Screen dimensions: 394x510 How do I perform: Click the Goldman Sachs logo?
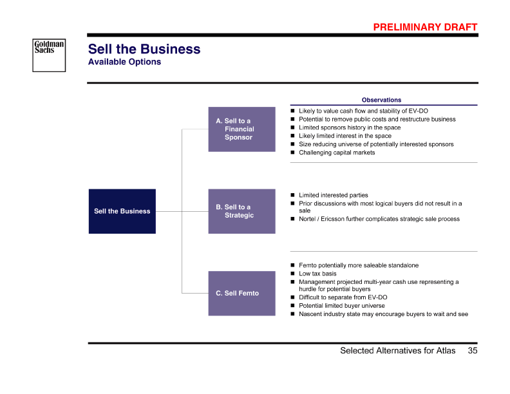click(x=49, y=54)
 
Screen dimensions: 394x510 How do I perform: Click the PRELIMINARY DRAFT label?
click(x=426, y=27)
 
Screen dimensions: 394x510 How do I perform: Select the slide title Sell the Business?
click(x=144, y=50)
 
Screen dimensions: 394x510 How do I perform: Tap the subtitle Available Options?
click(x=124, y=62)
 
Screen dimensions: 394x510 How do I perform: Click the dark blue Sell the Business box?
click(x=122, y=211)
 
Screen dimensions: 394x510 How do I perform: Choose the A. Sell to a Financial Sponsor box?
click(x=241, y=129)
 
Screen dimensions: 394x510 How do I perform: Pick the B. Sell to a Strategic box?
click(x=241, y=211)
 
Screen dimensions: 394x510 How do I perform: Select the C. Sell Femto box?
click(x=241, y=294)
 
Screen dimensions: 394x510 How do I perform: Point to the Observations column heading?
click(x=381, y=100)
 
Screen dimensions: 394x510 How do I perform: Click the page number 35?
click(x=473, y=351)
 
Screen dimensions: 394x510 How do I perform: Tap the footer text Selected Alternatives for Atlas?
click(x=397, y=351)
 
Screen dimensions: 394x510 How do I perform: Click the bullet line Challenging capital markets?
click(x=337, y=153)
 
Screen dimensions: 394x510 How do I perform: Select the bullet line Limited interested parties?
click(x=334, y=195)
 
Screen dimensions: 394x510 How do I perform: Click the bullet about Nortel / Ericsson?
click(x=379, y=219)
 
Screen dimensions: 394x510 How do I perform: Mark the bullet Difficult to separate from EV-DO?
click(x=343, y=297)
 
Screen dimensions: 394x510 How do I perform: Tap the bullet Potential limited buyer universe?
click(x=342, y=306)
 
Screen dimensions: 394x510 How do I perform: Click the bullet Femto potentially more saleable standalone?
click(x=359, y=265)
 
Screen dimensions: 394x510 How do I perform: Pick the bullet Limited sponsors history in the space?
click(x=350, y=127)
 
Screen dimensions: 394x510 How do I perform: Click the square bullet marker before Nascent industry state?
click(x=292, y=314)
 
